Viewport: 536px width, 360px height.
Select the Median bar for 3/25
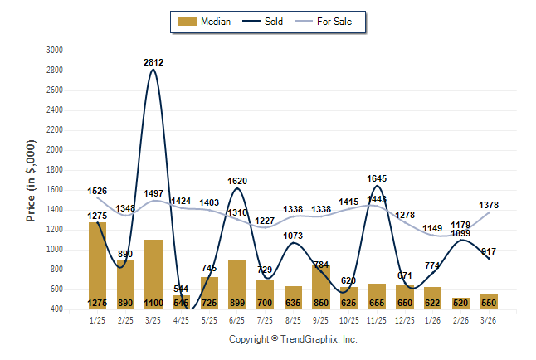tap(153, 274)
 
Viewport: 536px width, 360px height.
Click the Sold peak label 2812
tap(153, 62)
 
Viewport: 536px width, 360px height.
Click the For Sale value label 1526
tap(97, 191)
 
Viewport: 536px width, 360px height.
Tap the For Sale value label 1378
tap(489, 205)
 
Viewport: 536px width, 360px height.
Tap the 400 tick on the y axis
tap(56, 309)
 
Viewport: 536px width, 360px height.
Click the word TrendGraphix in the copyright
tap(309, 340)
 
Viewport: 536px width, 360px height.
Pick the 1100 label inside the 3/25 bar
tap(153, 304)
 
